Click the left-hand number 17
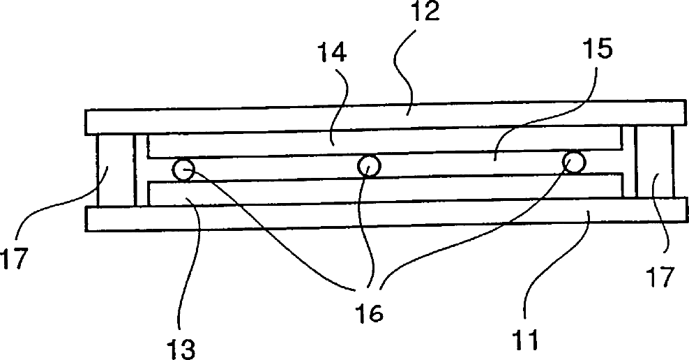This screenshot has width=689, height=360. (x=15, y=258)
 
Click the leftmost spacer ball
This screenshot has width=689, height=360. (x=184, y=170)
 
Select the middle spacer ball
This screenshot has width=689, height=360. (x=368, y=166)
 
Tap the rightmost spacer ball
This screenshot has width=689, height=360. (x=573, y=163)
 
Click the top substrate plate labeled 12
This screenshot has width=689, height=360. (x=279, y=120)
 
